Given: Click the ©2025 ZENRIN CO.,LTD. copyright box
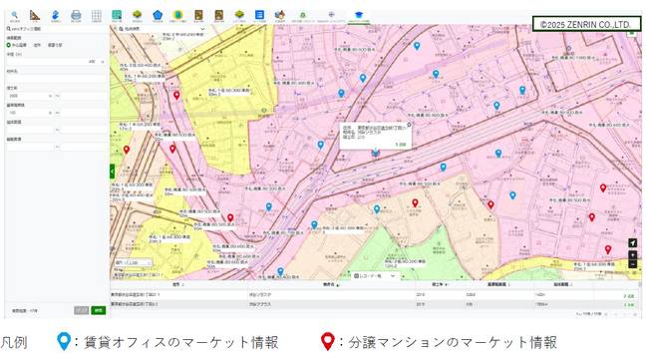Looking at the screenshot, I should (585, 24).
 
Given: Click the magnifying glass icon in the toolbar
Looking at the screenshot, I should (14, 15).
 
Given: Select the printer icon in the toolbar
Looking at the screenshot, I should (76, 15).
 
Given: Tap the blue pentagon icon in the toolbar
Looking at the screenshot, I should (158, 15).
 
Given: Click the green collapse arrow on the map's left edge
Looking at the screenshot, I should (113, 172).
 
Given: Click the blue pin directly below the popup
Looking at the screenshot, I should (376, 152).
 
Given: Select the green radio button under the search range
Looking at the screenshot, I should (9, 45).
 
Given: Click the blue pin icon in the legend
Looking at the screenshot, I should (64, 342).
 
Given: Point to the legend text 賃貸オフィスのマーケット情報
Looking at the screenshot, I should (178, 343).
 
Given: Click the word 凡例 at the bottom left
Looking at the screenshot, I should (14, 343).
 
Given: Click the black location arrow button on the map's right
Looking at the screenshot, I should (632, 242).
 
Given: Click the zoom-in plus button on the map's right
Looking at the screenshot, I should (632, 254).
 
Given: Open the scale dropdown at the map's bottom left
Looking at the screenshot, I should (136, 262).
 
